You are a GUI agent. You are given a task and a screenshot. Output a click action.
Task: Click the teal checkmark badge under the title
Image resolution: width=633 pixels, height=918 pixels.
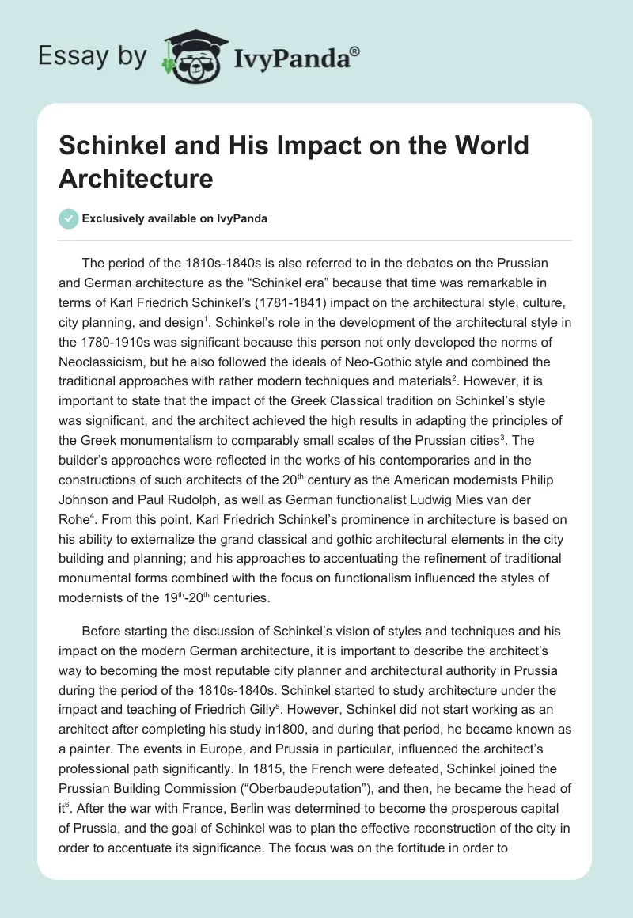point(69,218)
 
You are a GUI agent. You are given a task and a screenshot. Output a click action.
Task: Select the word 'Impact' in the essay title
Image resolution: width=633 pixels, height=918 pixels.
point(321,146)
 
